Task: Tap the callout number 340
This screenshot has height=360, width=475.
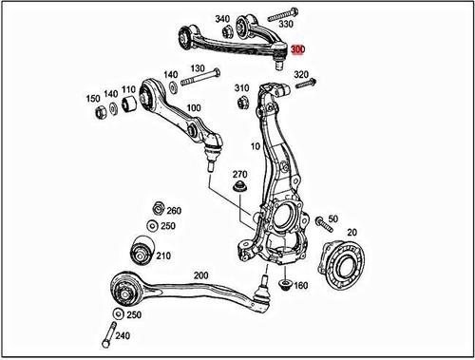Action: (x=222, y=19)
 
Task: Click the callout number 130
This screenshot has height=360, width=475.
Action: (x=198, y=68)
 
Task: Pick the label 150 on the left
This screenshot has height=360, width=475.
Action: (x=93, y=98)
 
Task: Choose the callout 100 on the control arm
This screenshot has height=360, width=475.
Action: (x=193, y=108)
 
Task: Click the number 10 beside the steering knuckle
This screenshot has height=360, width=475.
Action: (x=255, y=147)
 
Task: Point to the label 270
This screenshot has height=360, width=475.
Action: (x=239, y=175)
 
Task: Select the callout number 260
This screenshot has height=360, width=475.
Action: (x=174, y=211)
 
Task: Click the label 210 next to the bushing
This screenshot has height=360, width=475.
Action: (x=162, y=256)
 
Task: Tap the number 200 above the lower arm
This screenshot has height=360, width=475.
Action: (x=199, y=275)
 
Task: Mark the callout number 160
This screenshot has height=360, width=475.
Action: (x=300, y=285)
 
